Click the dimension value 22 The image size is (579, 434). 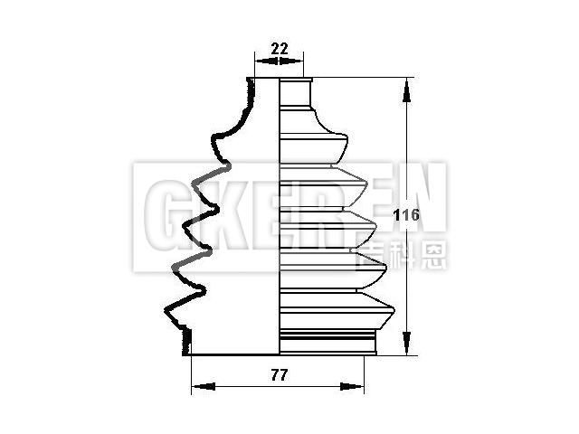tap(280, 49)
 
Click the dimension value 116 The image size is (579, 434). tap(406, 215)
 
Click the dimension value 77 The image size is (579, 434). tap(280, 376)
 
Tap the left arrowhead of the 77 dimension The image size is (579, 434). tap(203, 386)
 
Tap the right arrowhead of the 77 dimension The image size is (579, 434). tap(352, 386)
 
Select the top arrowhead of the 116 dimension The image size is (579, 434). tap(406, 90)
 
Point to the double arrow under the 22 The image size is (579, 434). tap(279, 61)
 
